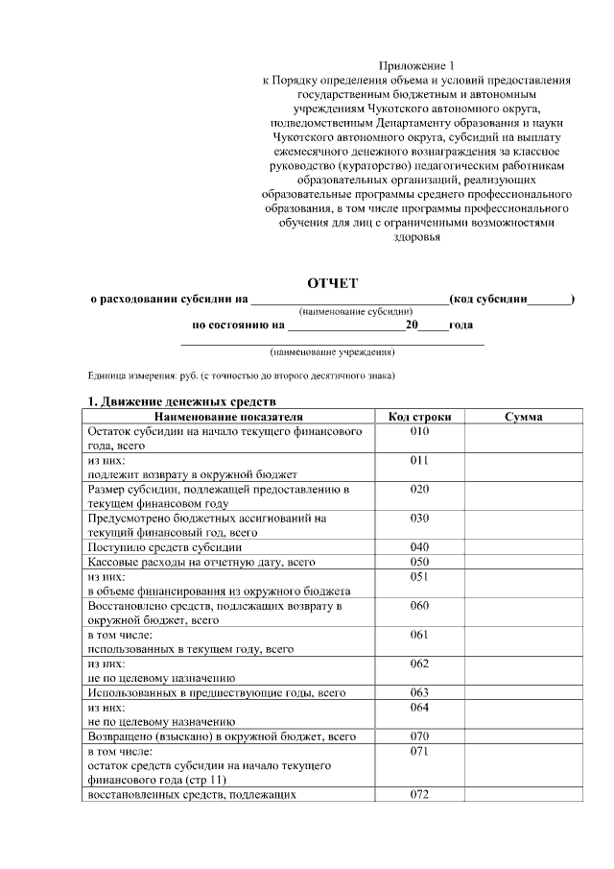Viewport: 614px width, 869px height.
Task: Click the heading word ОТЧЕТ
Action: tap(332, 282)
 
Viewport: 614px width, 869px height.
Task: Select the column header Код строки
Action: tap(419, 417)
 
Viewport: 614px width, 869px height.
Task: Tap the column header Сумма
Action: tap(523, 417)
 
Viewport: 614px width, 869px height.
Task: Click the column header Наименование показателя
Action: tap(228, 417)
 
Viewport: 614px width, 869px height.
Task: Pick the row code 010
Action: tap(419, 432)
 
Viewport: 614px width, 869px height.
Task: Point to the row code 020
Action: tap(419, 490)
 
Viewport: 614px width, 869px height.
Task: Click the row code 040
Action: tap(419, 547)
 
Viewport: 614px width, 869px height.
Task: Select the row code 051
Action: tap(419, 576)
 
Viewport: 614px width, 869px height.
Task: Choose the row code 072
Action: tap(419, 794)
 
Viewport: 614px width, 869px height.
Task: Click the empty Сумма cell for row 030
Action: tap(523, 524)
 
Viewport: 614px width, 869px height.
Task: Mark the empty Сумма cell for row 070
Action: tap(523, 736)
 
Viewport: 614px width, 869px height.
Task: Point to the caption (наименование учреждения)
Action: tap(333, 352)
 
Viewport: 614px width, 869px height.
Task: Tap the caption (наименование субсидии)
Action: tap(356, 312)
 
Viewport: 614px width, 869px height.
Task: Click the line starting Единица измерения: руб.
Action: tap(241, 375)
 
